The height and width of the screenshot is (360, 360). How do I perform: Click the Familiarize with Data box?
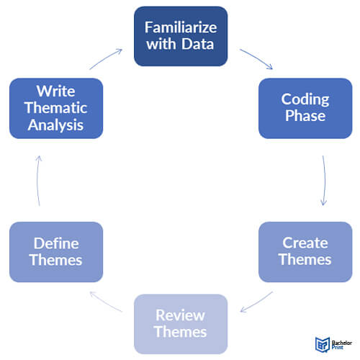[x=181, y=36]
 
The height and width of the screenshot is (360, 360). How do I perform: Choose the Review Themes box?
[x=181, y=324]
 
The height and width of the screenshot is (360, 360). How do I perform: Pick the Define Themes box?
[x=55, y=251]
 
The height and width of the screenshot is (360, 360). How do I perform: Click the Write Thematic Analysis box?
[x=55, y=108]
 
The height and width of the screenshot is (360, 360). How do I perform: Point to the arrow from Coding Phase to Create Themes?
[x=325, y=180]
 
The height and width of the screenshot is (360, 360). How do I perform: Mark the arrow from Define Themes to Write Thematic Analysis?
[x=37, y=180]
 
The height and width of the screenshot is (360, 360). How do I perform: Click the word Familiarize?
[x=181, y=28]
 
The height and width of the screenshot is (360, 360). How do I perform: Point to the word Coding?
[x=305, y=99]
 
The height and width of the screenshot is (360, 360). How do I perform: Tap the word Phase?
[x=305, y=116]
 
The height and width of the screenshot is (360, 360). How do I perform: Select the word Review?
[x=181, y=316]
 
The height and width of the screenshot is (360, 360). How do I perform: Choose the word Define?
[x=55, y=243]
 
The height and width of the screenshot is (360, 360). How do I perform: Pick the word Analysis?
[x=55, y=124]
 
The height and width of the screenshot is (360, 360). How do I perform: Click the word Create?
[x=305, y=243]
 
